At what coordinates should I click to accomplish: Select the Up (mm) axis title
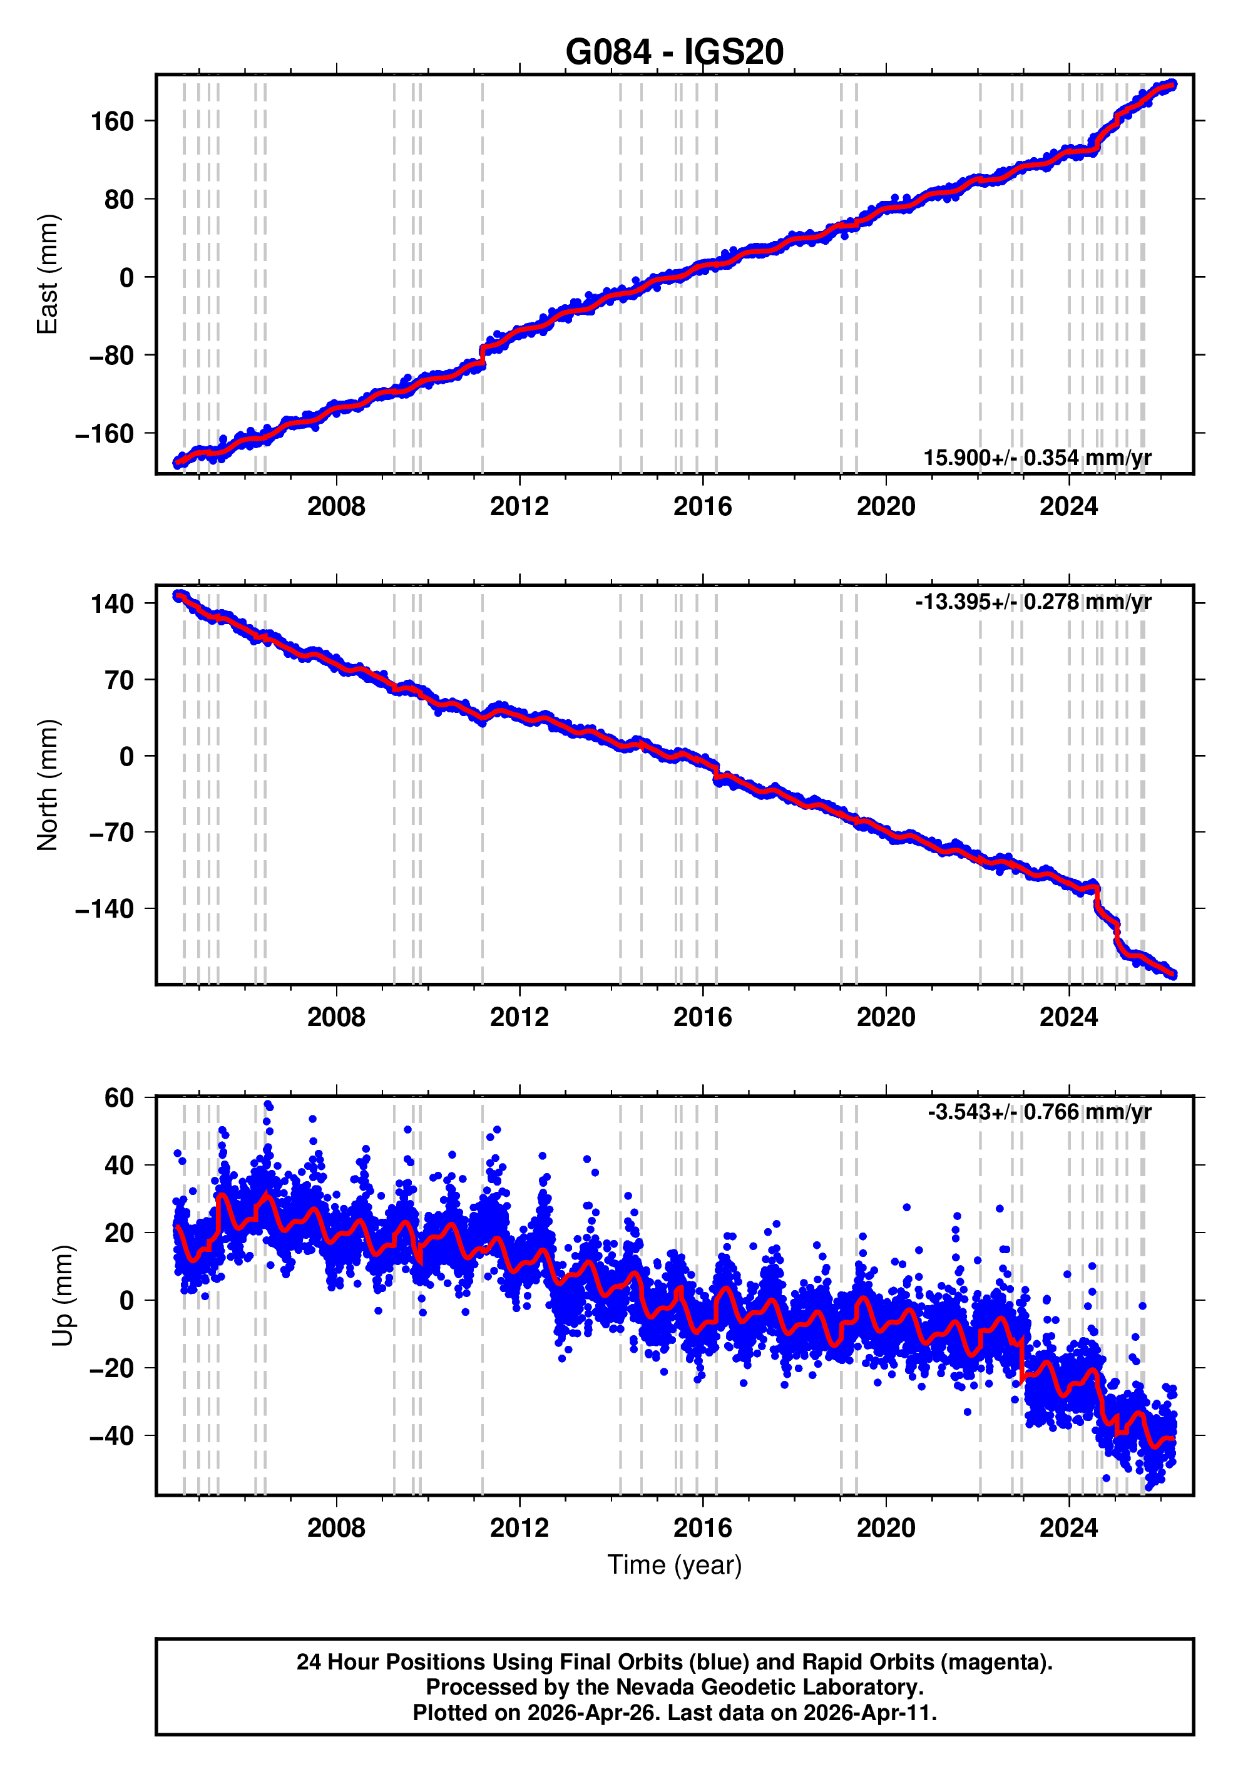click(63, 1295)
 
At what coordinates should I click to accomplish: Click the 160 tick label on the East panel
click(113, 121)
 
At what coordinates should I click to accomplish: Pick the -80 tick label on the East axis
click(105, 356)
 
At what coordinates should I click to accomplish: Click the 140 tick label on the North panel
click(113, 603)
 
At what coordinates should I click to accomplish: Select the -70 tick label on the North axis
click(105, 833)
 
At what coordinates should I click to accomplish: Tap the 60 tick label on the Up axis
click(119, 1097)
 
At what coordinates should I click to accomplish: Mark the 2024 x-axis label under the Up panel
click(1068, 1528)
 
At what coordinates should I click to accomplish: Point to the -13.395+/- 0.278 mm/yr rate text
click(1033, 602)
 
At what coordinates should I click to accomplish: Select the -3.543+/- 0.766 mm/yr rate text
click(1039, 1112)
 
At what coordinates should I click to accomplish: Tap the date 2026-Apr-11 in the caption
click(867, 1713)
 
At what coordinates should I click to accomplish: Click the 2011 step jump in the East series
click(483, 355)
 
